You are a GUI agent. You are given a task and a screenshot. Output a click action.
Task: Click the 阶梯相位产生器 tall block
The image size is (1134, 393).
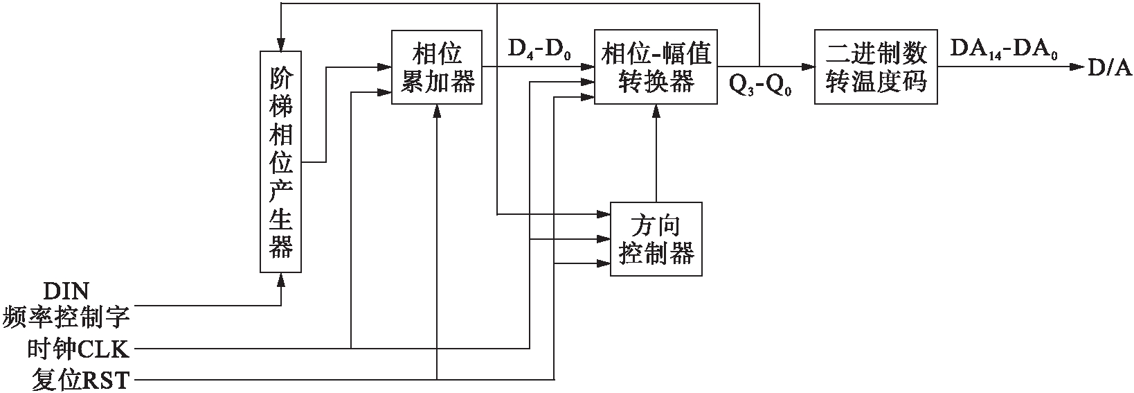[x=281, y=162]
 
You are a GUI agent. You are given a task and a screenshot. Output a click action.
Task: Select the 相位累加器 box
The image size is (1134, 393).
[x=436, y=67]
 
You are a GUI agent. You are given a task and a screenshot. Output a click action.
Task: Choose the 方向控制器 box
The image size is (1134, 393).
[x=656, y=239]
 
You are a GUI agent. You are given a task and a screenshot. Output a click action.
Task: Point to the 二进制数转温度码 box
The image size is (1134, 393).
[x=876, y=67]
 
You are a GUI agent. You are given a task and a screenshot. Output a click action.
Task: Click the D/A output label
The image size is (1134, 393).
[x=1108, y=67]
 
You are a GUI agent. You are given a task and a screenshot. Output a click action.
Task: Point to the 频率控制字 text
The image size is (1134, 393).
[x=66, y=317]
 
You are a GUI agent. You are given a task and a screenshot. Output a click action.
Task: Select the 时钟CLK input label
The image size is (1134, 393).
[x=78, y=348]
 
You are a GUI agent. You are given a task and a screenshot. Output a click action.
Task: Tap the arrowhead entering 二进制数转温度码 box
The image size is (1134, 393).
[x=809, y=67]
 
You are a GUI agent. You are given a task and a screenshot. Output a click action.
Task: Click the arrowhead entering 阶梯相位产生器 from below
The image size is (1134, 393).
[x=281, y=279]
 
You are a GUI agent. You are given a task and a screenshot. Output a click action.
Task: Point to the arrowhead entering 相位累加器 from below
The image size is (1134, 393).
[x=437, y=110]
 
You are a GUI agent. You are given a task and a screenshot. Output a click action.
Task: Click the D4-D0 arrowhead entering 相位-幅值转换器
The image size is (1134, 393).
[x=589, y=67]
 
